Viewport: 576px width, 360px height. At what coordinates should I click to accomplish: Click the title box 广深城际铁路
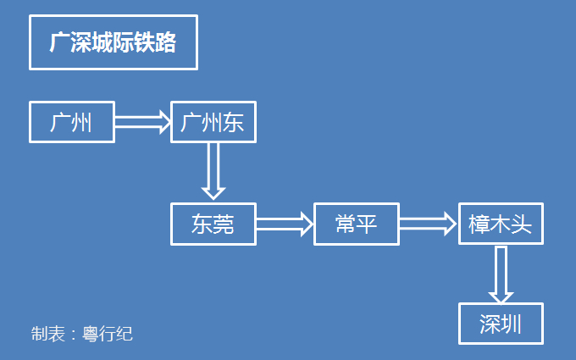tap(113, 42)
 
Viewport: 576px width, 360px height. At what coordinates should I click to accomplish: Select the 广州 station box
tap(72, 123)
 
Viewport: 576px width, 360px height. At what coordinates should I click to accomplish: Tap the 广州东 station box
tap(213, 123)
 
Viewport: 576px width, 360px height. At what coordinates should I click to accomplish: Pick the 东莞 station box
tap(213, 224)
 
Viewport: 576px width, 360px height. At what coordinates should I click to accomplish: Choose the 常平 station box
tap(356, 224)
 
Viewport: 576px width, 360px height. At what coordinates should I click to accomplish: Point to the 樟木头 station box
tap(500, 224)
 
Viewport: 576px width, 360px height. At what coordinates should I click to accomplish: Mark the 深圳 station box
tap(500, 324)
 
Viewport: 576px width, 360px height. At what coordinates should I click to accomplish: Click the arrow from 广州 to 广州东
tap(142, 123)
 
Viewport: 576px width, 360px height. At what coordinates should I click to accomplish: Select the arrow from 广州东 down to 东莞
tap(212, 172)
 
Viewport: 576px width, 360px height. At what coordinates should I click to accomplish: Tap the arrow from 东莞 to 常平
tap(285, 224)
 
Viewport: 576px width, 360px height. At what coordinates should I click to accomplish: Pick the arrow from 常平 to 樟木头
tap(428, 224)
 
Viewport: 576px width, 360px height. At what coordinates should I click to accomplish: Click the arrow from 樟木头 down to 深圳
tap(501, 274)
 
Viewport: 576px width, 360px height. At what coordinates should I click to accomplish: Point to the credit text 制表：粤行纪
tap(82, 334)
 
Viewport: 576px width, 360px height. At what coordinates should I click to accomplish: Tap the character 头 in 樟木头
tap(521, 224)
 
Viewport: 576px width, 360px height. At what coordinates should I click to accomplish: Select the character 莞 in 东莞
tap(223, 224)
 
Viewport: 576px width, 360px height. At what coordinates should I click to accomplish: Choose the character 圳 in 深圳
tap(510, 324)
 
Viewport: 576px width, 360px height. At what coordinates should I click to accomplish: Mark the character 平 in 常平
tap(367, 224)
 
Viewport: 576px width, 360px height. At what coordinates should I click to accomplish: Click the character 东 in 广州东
tap(233, 123)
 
